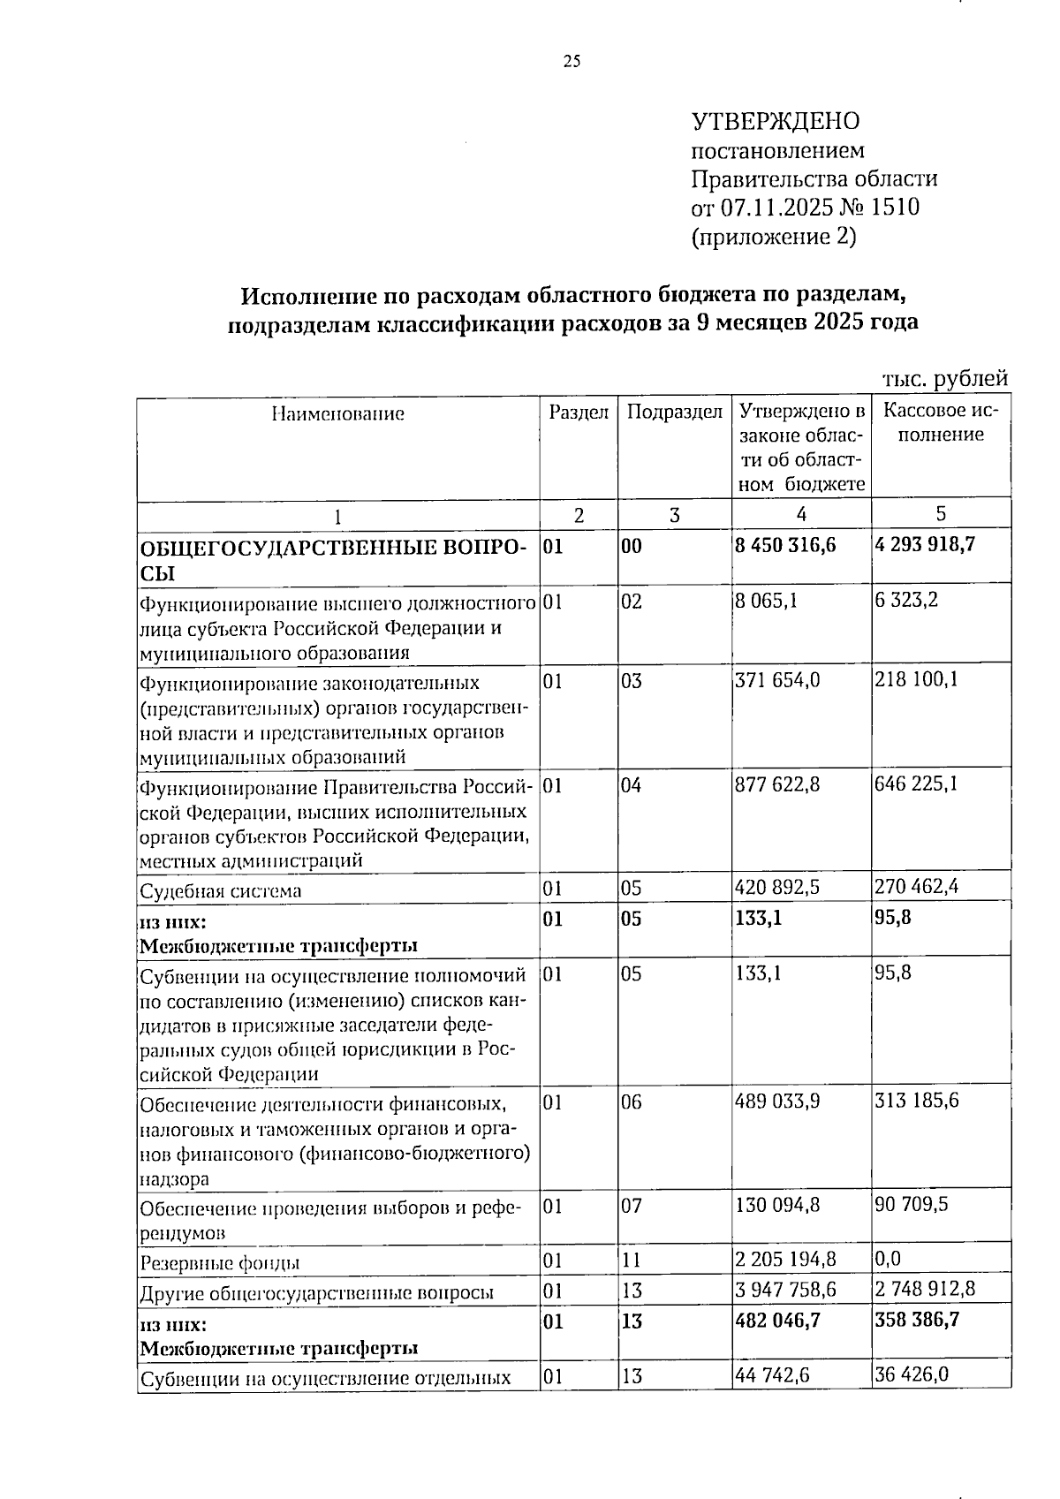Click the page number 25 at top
click(571, 61)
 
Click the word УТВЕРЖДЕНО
click(775, 121)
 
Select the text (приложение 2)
click(773, 237)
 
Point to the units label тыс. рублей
click(945, 379)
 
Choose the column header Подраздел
click(674, 412)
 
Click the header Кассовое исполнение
click(940, 423)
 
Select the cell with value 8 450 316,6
click(784, 545)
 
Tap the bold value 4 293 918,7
click(924, 544)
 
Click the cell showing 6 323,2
click(906, 600)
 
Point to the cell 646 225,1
click(915, 783)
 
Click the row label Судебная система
click(221, 890)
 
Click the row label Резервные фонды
click(219, 1263)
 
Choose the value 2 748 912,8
click(925, 1289)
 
